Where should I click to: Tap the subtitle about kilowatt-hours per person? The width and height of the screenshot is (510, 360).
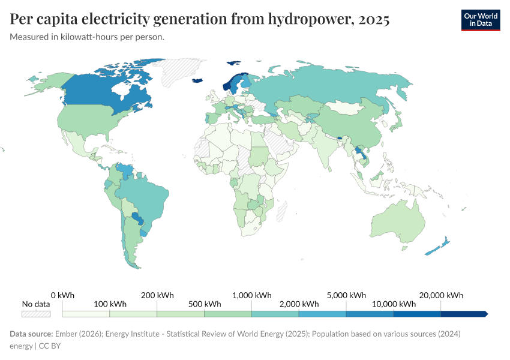(87, 37)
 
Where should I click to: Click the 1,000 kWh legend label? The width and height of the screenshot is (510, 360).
(251, 295)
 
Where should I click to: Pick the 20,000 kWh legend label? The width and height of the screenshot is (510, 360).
(441, 295)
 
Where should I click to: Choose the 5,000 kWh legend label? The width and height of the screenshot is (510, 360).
(346, 295)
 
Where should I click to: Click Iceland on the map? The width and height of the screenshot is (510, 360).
(197, 80)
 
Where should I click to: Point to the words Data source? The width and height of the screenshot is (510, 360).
(31, 334)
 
